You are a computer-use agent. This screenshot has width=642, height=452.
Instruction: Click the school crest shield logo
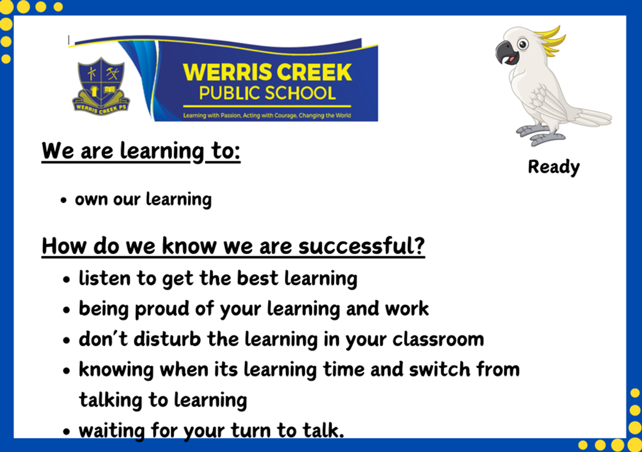pyautogui.click(x=101, y=86)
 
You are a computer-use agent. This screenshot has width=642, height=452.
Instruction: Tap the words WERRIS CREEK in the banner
pyautogui.click(x=267, y=72)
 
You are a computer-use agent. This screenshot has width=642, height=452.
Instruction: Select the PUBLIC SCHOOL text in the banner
pyautogui.click(x=267, y=93)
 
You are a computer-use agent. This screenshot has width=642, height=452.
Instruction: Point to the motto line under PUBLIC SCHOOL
pyautogui.click(x=267, y=116)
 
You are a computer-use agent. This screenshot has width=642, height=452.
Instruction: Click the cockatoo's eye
pyautogui.click(x=523, y=44)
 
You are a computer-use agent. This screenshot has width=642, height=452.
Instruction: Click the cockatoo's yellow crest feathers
pyautogui.click(x=551, y=41)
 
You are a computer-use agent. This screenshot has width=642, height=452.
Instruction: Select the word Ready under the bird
pyautogui.click(x=554, y=167)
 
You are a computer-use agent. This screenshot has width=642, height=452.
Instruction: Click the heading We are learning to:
pyautogui.click(x=141, y=151)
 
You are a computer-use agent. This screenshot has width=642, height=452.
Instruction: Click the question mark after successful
pyautogui.click(x=419, y=245)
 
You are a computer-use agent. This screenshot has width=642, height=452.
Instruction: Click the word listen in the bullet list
pyautogui.click(x=105, y=278)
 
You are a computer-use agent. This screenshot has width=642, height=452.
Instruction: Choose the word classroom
pyautogui.click(x=439, y=339)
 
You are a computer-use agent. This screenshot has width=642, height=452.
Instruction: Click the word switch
pyautogui.click(x=440, y=369)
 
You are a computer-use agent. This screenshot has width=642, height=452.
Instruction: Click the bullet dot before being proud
pyautogui.click(x=66, y=310)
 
